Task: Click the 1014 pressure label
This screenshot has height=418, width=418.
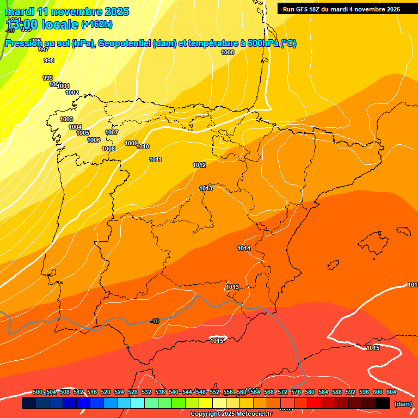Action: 244,248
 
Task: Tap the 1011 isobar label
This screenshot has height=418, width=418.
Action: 155,159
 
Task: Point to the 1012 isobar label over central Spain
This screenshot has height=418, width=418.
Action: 199,165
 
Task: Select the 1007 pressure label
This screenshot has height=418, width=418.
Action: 112,132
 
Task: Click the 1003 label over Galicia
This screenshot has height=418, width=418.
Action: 66,119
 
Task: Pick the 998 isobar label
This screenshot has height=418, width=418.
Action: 49,60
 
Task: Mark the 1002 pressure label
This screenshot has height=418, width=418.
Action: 72,93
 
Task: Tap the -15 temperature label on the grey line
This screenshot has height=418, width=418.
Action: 155,321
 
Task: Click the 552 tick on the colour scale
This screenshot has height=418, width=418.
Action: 214,392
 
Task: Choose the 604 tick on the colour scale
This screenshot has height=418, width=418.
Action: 391,392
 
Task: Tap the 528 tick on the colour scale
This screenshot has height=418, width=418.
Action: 133,392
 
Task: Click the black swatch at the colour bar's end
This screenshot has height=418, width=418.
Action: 383,403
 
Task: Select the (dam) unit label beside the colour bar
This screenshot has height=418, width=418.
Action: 403,403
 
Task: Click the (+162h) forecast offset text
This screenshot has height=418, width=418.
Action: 96,24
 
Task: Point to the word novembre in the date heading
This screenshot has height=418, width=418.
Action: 76,11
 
